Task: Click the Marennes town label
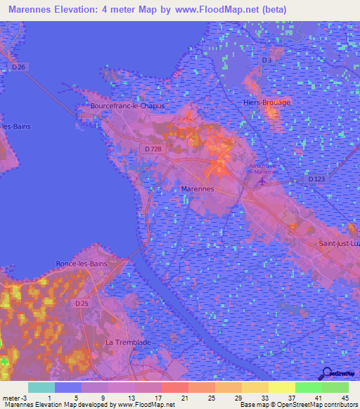point(197,190)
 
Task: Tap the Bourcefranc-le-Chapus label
point(127,106)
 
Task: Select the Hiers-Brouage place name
point(266,102)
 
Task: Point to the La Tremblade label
point(127,342)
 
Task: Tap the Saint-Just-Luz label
point(339,243)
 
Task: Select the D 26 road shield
point(18,67)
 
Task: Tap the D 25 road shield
point(81,304)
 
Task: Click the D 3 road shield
point(266,60)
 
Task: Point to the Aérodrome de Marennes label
point(263,169)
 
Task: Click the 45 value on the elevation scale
point(345,398)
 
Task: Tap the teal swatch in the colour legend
point(41,387)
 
